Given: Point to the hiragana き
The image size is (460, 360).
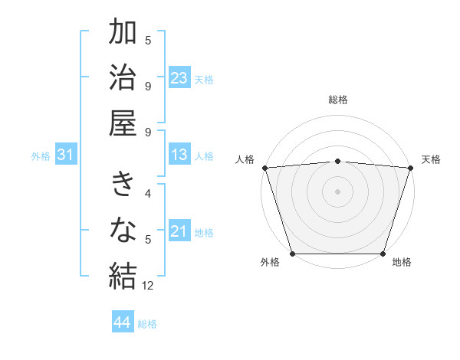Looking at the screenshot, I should pos(123,185).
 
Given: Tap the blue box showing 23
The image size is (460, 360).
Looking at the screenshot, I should pos(179,78).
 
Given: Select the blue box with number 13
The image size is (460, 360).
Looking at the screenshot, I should pos(179,155).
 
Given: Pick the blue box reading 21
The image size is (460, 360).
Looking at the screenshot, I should pos(179,232).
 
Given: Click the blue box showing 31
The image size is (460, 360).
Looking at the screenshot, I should pos(65,155).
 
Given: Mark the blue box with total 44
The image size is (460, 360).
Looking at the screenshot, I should pos(123,322).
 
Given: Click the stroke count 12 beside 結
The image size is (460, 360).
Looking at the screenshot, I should pos(149,286).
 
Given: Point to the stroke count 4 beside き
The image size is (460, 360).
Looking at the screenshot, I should pos(148,195).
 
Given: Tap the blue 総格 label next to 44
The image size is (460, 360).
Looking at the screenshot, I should pos(147,324).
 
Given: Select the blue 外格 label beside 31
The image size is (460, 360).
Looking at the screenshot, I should pos(41,156).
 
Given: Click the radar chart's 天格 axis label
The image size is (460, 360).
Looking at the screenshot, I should pos(431,159).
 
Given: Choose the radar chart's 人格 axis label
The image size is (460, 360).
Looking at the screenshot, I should pos(245,159).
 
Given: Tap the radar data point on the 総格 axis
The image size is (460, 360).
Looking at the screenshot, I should pos(337,161).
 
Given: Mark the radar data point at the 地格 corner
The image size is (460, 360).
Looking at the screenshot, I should pos(383,254).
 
